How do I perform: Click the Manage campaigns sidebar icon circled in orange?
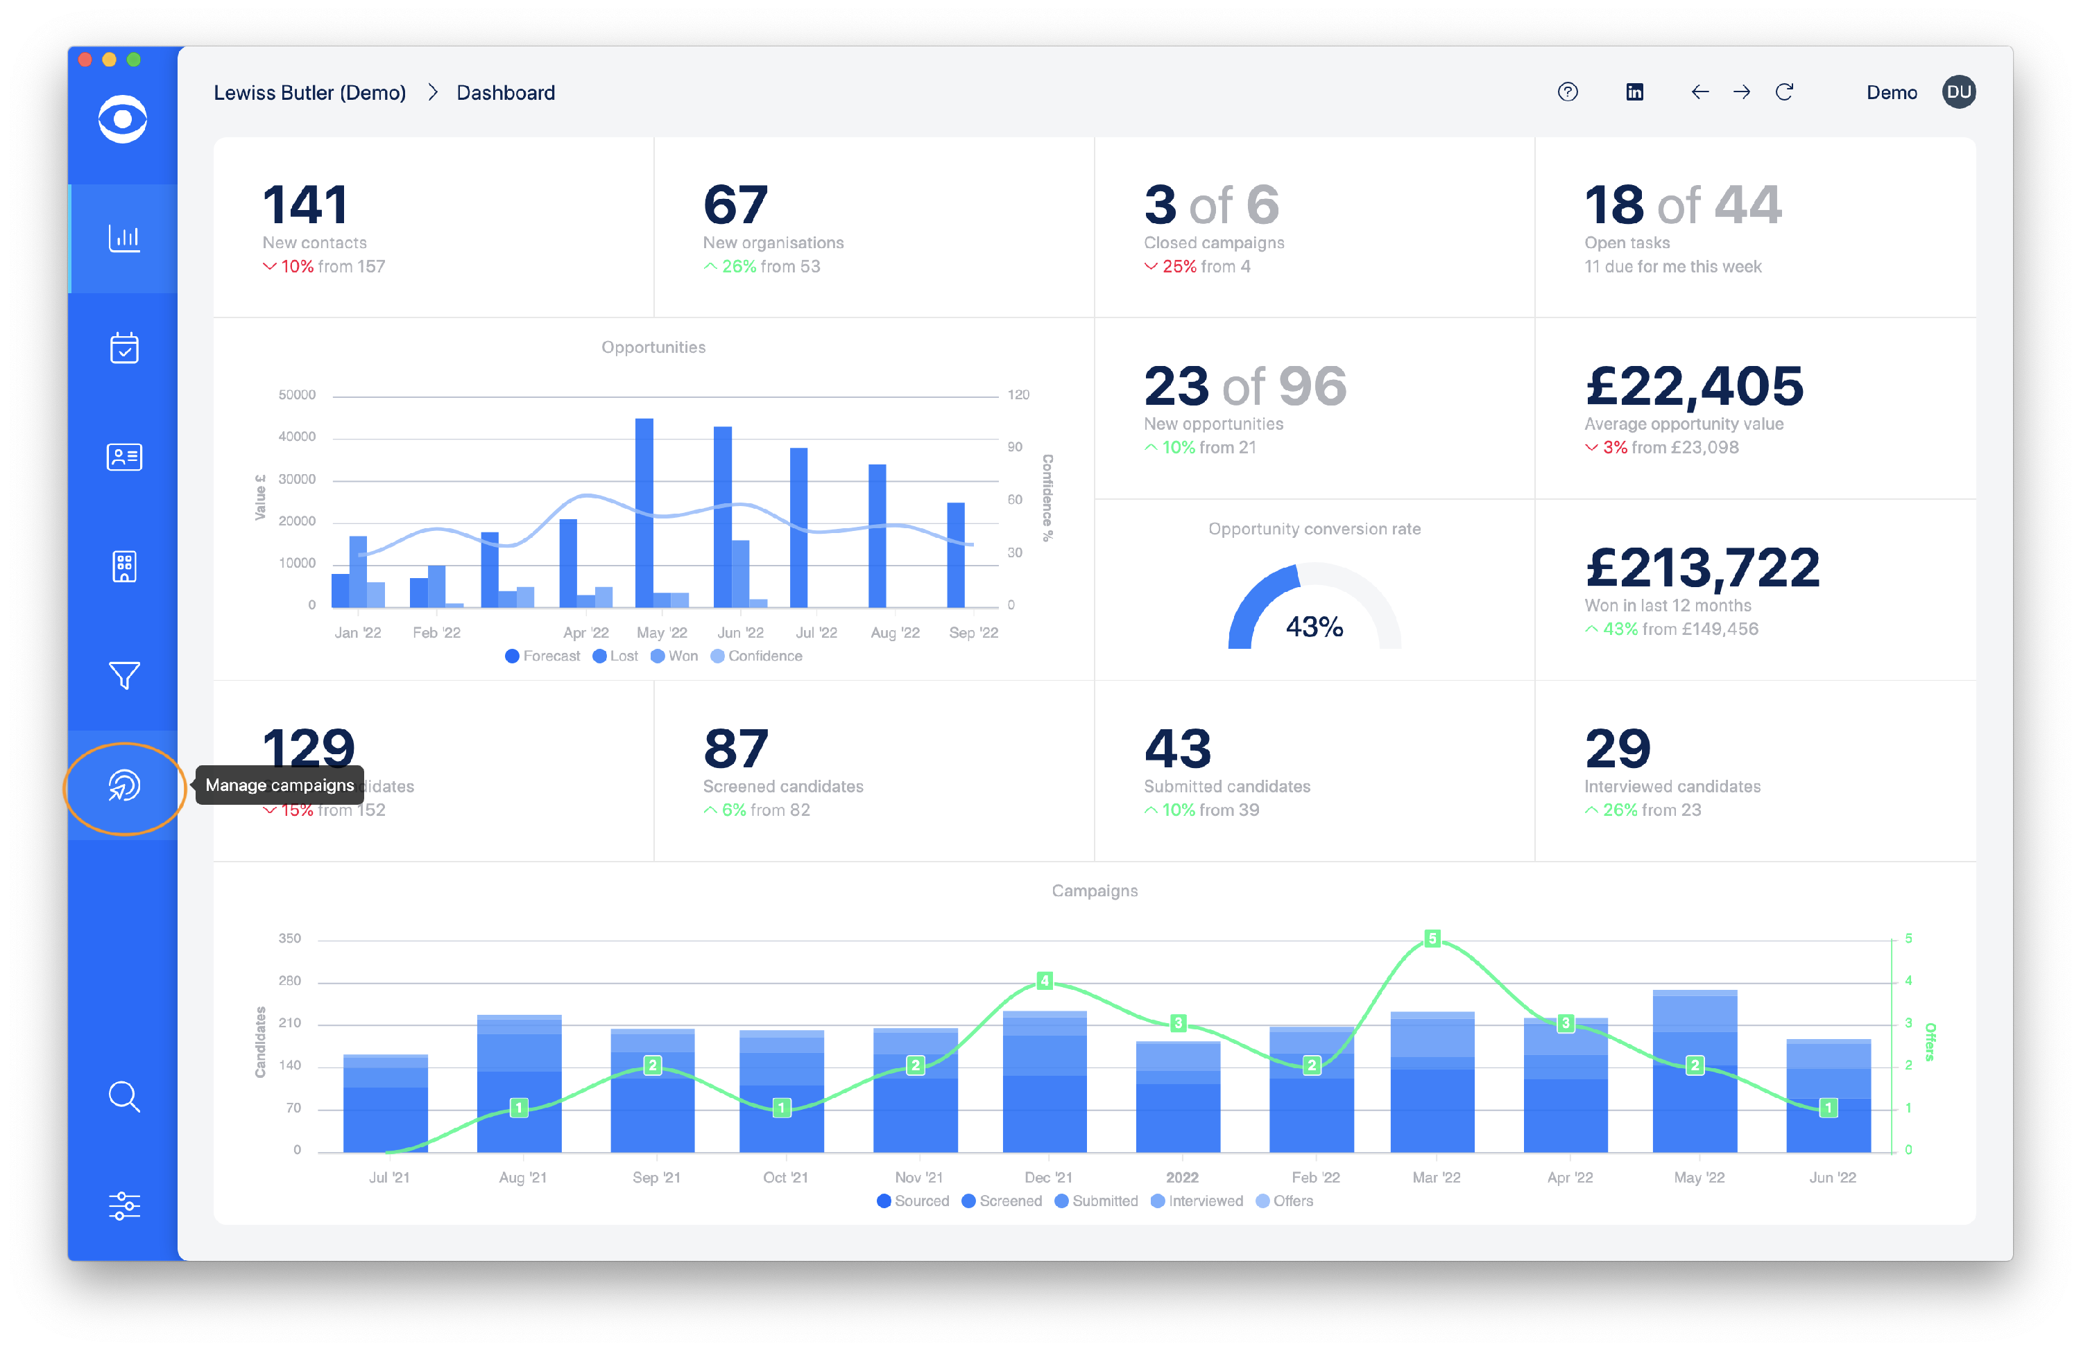coord(124,785)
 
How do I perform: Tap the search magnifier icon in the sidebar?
coord(124,1096)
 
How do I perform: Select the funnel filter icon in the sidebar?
coord(124,674)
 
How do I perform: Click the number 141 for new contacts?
coord(305,205)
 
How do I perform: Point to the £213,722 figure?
coord(1702,568)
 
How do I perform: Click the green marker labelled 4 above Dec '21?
coord(1044,980)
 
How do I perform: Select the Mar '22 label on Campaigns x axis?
coord(1436,1177)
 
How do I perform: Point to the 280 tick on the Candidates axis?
coord(289,980)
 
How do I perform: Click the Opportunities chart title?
coord(653,347)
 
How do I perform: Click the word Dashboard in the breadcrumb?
coord(506,93)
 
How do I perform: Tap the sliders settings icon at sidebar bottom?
coord(124,1206)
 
